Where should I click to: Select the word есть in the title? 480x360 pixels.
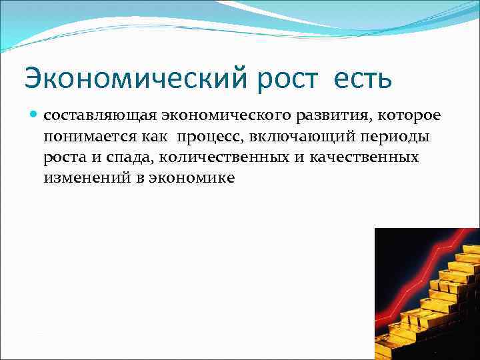pyautogui.click(x=361, y=79)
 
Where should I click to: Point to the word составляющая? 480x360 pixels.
pyautogui.click(x=99, y=116)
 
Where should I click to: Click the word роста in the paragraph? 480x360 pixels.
pyautogui.click(x=63, y=157)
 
